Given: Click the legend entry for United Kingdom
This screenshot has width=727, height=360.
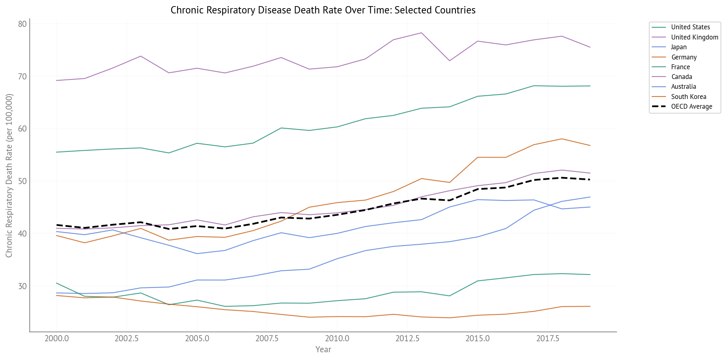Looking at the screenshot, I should [x=694, y=37].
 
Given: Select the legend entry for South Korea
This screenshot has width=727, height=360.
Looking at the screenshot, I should [x=688, y=97].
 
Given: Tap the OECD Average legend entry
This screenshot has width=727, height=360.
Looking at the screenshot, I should [x=692, y=107].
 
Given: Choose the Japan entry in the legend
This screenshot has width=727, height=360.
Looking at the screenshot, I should [x=679, y=47].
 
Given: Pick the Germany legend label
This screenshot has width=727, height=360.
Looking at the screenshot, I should [x=684, y=57].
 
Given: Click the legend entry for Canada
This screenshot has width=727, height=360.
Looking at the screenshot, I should [x=681, y=77].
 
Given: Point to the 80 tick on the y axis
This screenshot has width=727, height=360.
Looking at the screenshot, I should [x=22, y=24].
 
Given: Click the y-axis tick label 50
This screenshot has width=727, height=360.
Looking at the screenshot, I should [x=22, y=181].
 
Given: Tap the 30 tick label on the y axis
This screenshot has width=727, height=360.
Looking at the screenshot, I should [x=22, y=286].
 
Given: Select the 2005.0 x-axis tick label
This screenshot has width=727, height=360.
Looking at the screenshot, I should [x=197, y=339].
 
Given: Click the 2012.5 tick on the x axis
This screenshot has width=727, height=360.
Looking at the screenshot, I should [x=407, y=339].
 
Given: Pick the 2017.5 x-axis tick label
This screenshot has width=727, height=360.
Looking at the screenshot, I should [x=547, y=339].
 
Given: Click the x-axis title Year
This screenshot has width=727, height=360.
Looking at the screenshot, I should [x=323, y=349].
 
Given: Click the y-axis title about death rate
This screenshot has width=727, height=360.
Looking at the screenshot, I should [x=9, y=176].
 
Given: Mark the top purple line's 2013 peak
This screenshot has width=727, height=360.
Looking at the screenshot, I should [x=421, y=33].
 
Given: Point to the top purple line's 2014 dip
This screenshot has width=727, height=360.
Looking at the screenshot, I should [x=449, y=61].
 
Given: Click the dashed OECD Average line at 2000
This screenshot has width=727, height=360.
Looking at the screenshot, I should [x=57, y=225].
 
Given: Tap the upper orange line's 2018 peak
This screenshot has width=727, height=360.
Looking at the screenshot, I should [x=562, y=139].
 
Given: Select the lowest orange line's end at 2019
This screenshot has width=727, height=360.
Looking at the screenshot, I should [x=590, y=306].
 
